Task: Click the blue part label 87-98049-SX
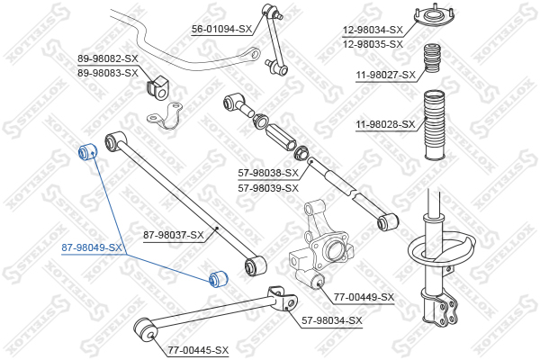click(x=91, y=247)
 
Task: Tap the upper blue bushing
click(x=87, y=151)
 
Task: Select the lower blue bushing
click(x=219, y=279)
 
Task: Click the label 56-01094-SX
click(x=221, y=30)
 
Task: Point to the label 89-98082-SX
click(x=108, y=58)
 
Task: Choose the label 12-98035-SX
click(x=373, y=44)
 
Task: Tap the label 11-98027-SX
click(x=386, y=75)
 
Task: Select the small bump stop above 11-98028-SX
click(x=431, y=58)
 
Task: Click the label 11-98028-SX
click(x=386, y=124)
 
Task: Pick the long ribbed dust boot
click(x=434, y=125)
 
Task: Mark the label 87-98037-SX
click(x=174, y=236)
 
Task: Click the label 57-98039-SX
click(x=268, y=188)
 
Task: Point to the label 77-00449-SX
click(x=364, y=297)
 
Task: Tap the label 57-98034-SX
click(x=332, y=320)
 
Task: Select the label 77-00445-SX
click(x=198, y=351)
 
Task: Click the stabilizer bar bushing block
click(x=158, y=87)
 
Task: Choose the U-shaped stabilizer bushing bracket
click(x=165, y=116)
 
